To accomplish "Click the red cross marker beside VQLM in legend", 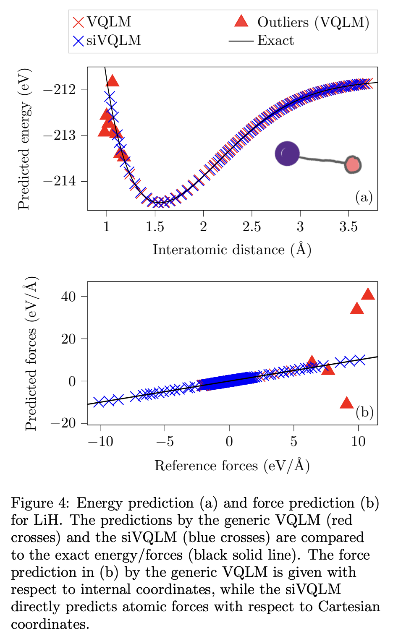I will coord(79,22).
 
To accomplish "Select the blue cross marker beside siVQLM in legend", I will coord(79,41).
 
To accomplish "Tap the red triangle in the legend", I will coord(241,21).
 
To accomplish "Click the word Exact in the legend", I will coord(275,41).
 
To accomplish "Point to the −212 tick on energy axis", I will coord(59,90).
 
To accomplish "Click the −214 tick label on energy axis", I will coord(59,181).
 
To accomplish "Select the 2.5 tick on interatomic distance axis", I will coord(252,227).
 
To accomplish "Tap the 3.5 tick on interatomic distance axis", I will coord(348,227).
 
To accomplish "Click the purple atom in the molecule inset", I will coord(287,154).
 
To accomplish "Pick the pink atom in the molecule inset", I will coord(353,164).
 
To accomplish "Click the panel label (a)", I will coord(364,197).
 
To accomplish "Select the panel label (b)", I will coord(364,412).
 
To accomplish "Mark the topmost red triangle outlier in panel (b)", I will coord(368,294).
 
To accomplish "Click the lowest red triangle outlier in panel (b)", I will coord(347,403).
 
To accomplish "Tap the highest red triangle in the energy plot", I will coord(113,81).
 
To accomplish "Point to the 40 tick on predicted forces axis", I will coord(68,297).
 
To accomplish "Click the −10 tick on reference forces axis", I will coord(100,441).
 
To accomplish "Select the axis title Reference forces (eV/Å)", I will coord(232,466).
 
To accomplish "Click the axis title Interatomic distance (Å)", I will coord(232,250).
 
